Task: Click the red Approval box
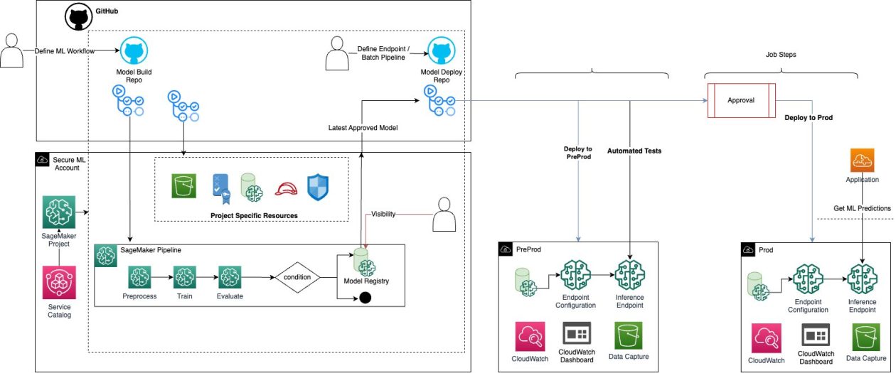click(740, 100)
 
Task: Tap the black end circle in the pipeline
click(366, 298)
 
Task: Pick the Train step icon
click(184, 277)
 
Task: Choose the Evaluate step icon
click(230, 277)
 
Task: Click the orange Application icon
click(862, 161)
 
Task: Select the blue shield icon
click(318, 186)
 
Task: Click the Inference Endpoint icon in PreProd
click(630, 274)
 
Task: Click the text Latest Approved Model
click(363, 128)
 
